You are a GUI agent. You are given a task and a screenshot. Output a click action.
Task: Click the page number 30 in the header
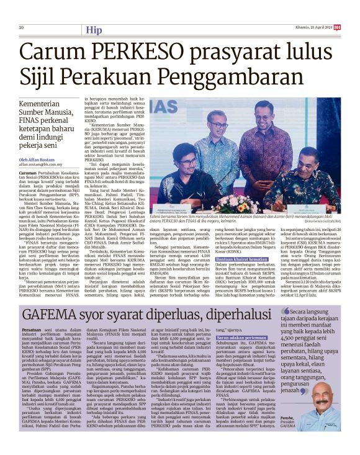(x=21, y=27)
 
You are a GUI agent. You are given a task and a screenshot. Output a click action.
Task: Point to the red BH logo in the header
(x=337, y=27)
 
